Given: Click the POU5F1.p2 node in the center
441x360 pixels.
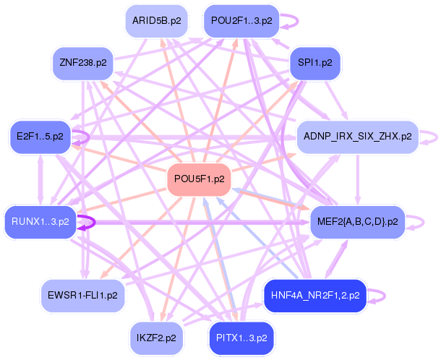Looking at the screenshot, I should click(x=199, y=179).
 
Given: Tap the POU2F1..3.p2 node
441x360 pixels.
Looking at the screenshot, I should click(x=241, y=21).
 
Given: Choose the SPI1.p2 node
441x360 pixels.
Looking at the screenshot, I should click(x=314, y=63).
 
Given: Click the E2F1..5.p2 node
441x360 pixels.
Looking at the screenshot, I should click(x=40, y=135).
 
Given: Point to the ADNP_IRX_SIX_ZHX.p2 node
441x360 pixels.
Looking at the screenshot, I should click(x=357, y=135).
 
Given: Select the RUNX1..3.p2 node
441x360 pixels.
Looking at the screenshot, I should click(x=40, y=221).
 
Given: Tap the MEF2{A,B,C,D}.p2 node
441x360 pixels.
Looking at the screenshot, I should click(x=357, y=221).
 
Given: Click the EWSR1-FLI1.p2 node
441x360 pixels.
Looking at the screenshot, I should click(x=83, y=295).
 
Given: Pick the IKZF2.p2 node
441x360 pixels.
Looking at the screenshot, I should click(x=159, y=336).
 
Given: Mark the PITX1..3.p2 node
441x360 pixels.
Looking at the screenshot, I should click(x=241, y=337).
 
